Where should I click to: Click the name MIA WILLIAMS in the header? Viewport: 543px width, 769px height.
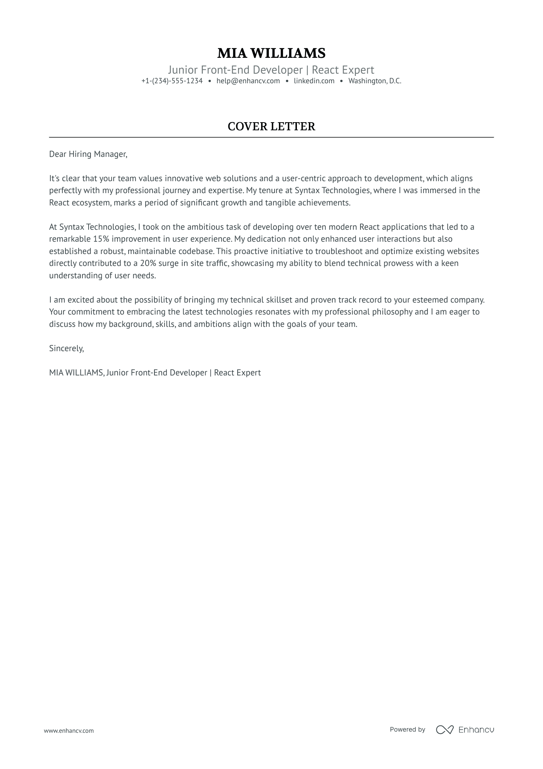point(271,53)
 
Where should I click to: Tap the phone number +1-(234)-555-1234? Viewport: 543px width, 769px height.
point(172,81)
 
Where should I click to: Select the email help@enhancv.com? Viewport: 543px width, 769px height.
point(248,81)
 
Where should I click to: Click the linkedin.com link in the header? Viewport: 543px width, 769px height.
point(314,81)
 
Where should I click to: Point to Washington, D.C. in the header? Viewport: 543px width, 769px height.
point(375,81)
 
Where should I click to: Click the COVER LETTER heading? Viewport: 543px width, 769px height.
point(271,126)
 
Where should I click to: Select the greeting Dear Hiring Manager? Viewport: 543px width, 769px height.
point(88,154)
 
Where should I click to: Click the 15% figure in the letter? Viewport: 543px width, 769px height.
point(101,239)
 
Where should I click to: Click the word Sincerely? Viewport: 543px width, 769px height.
point(66,348)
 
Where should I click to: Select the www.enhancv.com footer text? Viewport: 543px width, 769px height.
point(69,730)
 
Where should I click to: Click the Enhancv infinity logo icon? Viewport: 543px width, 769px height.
point(444,729)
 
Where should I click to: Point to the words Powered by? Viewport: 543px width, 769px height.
point(407,729)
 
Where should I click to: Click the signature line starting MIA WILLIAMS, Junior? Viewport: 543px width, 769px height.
point(155,373)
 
